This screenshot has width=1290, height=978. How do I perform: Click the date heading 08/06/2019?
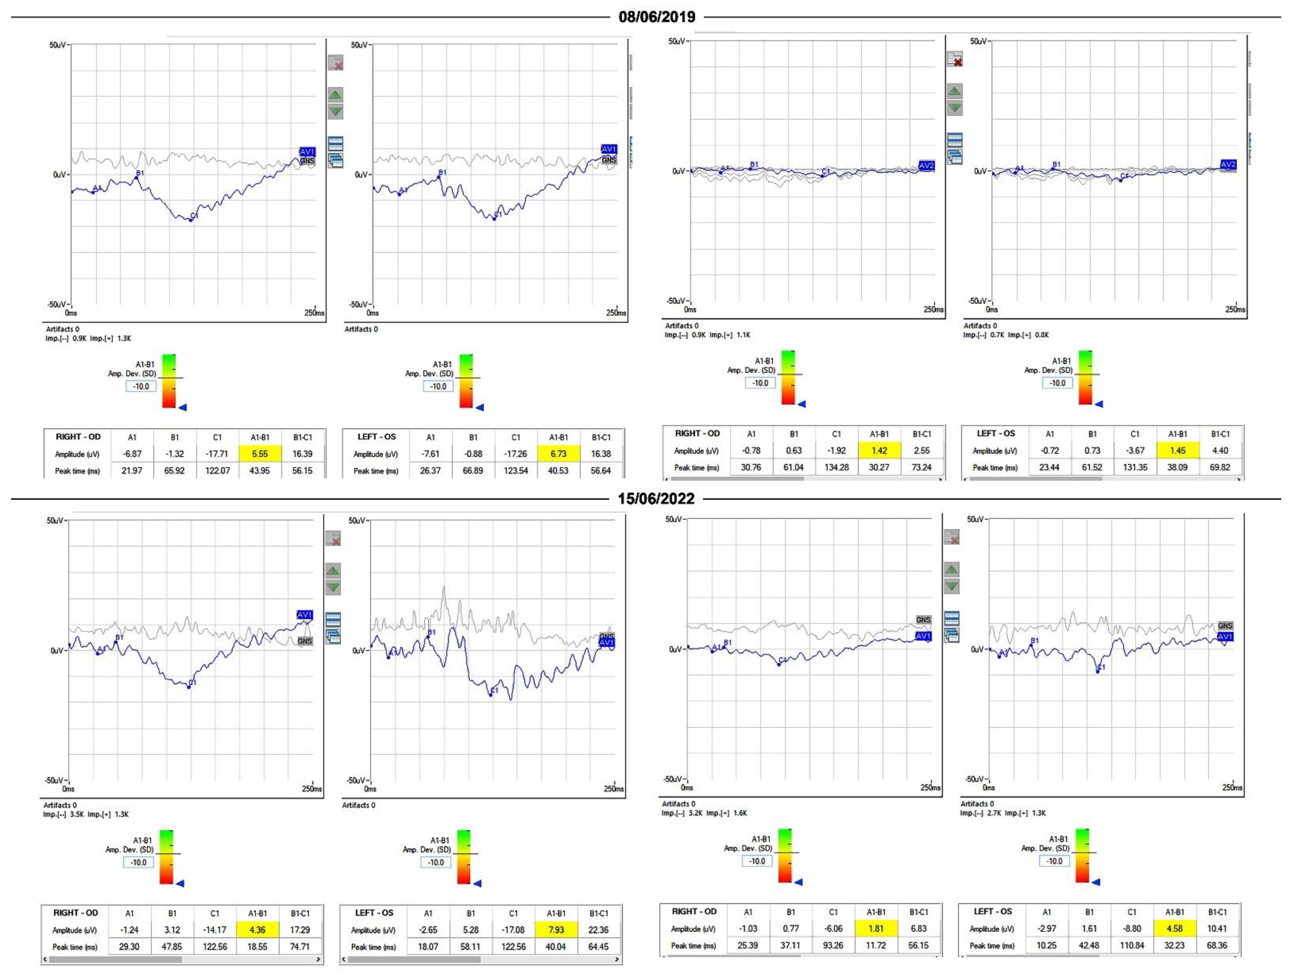(657, 17)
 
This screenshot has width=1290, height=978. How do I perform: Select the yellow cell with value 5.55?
(259, 453)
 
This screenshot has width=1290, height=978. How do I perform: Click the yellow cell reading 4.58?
(1174, 929)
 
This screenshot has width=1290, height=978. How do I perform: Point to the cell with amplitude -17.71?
(217, 453)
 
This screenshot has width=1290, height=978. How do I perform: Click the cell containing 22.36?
(598, 930)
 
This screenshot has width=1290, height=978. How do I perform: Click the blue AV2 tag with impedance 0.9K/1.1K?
(926, 166)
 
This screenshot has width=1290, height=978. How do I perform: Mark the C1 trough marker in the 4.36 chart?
(188, 687)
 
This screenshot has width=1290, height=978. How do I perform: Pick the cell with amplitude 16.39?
(302, 453)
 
